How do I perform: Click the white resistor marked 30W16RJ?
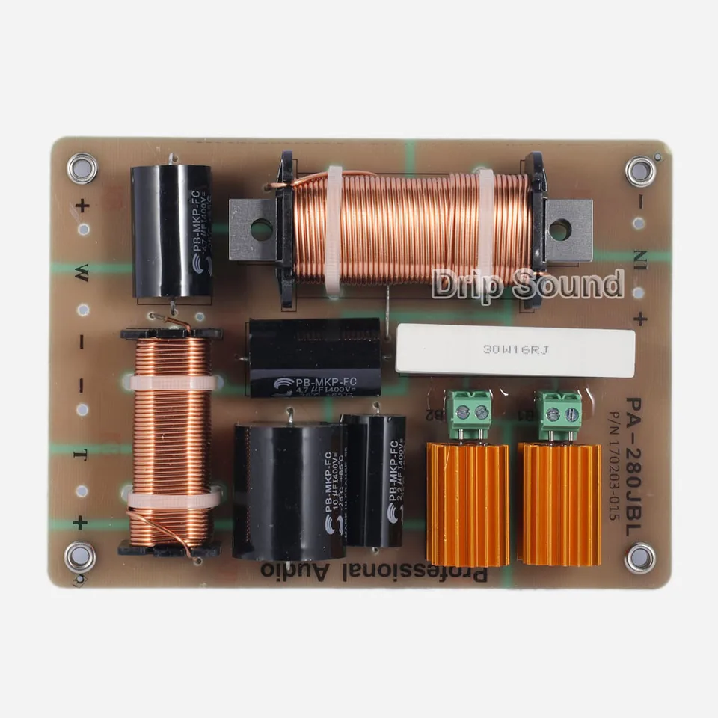515,349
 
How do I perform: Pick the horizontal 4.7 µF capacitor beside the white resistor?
314,358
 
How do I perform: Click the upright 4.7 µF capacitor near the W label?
171,232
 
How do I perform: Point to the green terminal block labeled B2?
468,411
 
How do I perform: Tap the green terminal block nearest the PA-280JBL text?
558,411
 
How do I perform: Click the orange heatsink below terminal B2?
467,504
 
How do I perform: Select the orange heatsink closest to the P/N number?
559,504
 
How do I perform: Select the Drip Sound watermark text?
527,285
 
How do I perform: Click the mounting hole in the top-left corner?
82,168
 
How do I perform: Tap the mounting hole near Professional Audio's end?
80,556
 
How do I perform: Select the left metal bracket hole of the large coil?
261,230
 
